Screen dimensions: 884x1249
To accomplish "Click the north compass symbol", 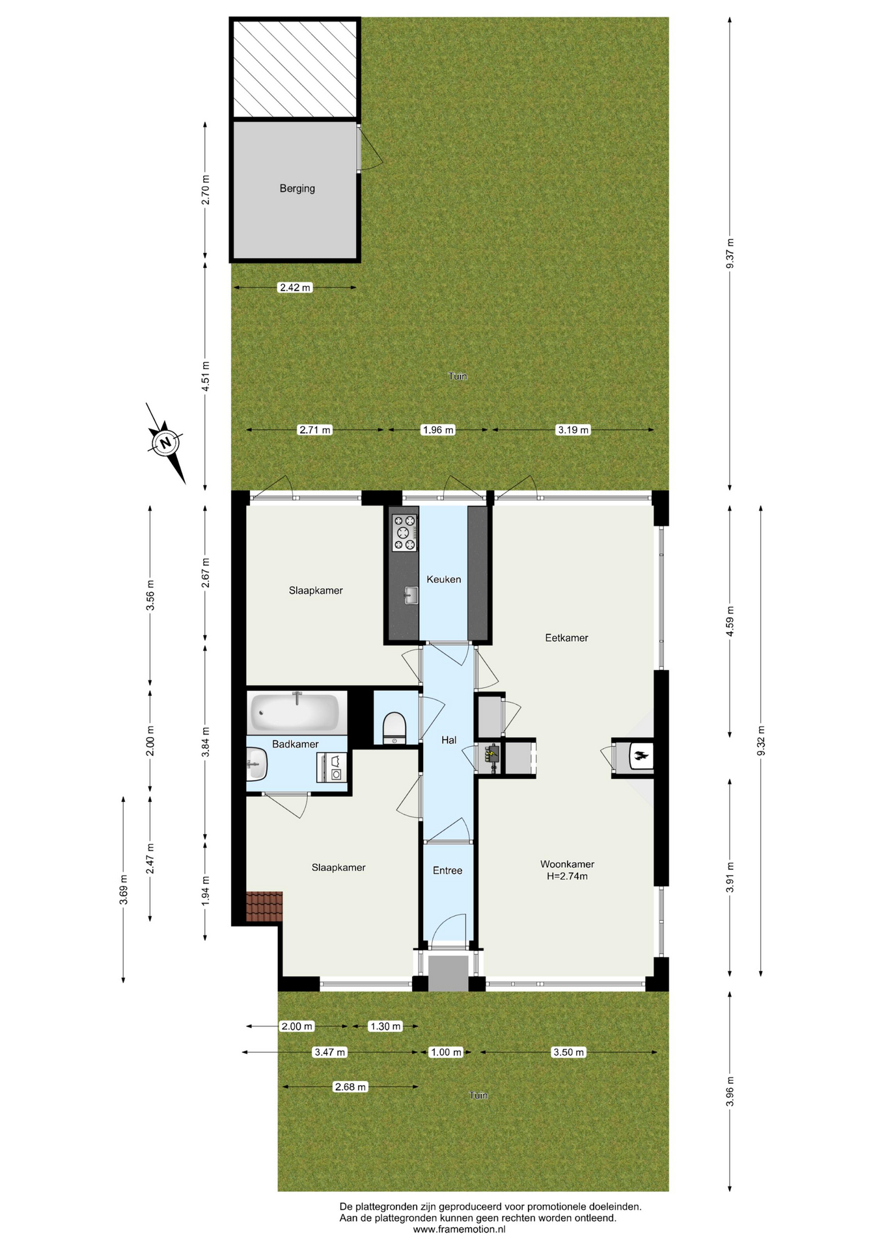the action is tap(166, 444).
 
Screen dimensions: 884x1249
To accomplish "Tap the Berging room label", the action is tap(297, 189).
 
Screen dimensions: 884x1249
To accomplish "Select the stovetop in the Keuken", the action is tap(404, 533).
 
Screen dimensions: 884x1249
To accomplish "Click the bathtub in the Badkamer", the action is tap(296, 712).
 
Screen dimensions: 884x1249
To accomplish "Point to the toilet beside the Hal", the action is tap(394, 727).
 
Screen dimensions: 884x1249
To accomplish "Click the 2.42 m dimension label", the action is tap(296, 288).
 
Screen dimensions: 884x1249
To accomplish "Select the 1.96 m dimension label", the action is tap(438, 430).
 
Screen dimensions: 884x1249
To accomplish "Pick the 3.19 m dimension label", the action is tap(573, 430).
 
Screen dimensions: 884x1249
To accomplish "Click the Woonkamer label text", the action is tap(567, 865).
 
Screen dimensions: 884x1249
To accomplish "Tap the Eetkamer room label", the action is tap(566, 638).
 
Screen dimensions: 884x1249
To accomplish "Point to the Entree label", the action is tap(447, 870).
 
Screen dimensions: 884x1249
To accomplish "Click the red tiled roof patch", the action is tap(264, 907).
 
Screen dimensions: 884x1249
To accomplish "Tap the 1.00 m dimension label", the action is tap(446, 1053).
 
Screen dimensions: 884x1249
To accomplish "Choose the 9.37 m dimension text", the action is tap(730, 254).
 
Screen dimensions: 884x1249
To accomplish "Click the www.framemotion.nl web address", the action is tap(459, 1229).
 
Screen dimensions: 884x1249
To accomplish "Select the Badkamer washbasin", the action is tap(256, 764).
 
